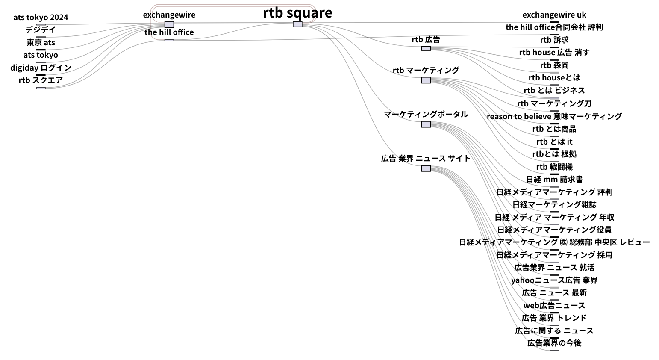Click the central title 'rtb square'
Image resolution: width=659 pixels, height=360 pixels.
click(297, 12)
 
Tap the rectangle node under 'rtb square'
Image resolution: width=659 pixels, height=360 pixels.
click(297, 24)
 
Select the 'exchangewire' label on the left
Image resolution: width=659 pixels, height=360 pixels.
click(169, 15)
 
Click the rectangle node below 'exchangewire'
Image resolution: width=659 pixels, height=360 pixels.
click(169, 25)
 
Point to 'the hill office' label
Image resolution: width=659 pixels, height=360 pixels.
click(169, 32)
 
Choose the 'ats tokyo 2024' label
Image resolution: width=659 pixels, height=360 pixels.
click(41, 17)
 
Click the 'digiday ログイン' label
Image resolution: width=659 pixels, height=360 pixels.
click(41, 68)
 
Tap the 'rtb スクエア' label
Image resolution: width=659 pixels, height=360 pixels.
click(41, 80)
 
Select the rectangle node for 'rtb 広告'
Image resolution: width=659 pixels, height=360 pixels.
click(426, 48)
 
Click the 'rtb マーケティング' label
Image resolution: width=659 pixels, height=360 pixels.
click(426, 70)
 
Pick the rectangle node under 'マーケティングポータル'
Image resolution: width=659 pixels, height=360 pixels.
click(426, 124)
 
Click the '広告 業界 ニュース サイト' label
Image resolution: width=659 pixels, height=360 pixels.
click(426, 158)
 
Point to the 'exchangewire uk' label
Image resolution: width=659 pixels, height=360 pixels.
click(554, 15)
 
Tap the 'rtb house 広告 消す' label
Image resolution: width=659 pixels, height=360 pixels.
click(554, 52)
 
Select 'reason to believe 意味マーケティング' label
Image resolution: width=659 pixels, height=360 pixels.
click(554, 116)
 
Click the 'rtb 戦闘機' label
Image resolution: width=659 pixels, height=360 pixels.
click(554, 167)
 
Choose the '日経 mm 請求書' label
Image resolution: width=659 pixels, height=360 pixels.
click(554, 179)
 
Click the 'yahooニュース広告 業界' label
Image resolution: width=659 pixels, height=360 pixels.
click(554, 280)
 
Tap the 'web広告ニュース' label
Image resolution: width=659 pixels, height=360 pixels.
click(554, 305)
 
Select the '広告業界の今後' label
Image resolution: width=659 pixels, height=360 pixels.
click(554, 343)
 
